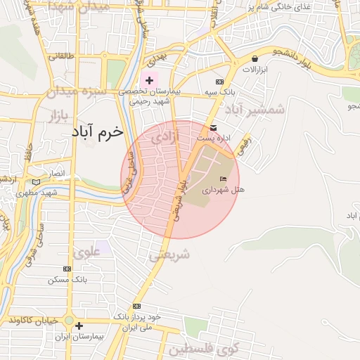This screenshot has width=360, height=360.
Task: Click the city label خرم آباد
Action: pyautogui.click(x=97, y=132)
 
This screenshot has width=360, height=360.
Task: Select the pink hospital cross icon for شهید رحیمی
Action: pyautogui.click(x=149, y=80)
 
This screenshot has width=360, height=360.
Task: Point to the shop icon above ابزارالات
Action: pyautogui.click(x=254, y=58)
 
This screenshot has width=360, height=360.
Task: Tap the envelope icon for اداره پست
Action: pyautogui.click(x=213, y=128)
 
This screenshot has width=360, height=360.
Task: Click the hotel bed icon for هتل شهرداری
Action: pyautogui.click(x=224, y=179)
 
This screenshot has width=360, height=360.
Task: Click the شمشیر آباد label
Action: pyautogui.click(x=255, y=110)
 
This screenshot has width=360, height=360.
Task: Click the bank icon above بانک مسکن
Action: pyautogui.click(x=67, y=269)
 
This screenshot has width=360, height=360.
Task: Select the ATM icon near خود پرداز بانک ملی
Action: pyautogui.click(x=136, y=306)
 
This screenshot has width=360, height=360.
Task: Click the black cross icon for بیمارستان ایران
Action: pyautogui.click(x=79, y=326)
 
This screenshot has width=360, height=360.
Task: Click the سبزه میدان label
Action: pyautogui.click(x=75, y=92)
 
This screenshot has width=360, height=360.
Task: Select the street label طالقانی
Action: pyautogui.click(x=60, y=56)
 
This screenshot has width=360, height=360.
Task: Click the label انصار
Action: pyautogui.click(x=55, y=173)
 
